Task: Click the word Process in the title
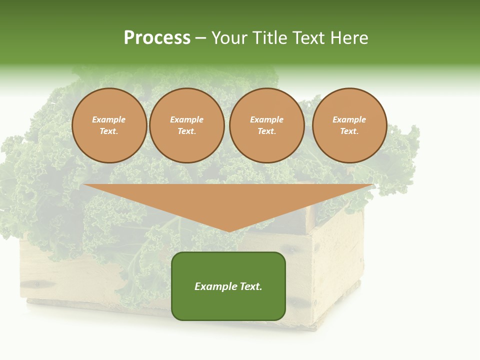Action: click(x=157, y=38)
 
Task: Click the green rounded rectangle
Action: click(x=228, y=305)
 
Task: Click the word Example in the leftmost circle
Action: click(x=109, y=119)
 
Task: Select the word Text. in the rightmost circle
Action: click(x=349, y=131)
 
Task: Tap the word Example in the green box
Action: click(x=214, y=286)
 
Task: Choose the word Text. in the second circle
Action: click(x=187, y=131)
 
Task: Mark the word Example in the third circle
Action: click(x=267, y=119)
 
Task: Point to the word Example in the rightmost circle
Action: click(x=349, y=119)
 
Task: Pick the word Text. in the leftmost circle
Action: click(x=109, y=131)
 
